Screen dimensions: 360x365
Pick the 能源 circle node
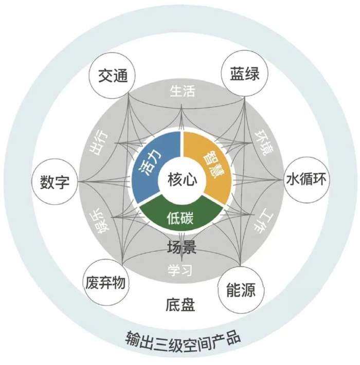pos(241,289)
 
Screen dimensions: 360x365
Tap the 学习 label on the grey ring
pos(180,269)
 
